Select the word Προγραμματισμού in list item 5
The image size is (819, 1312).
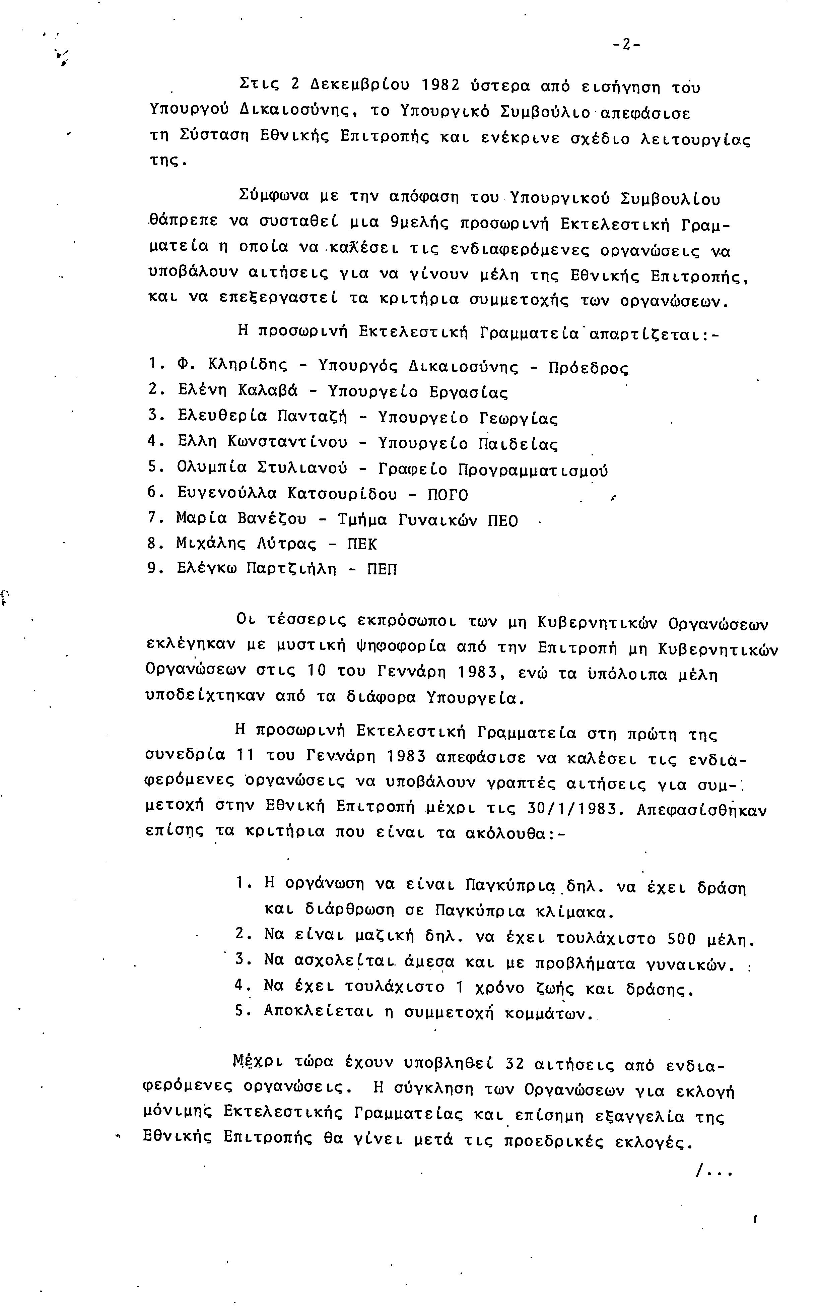(533, 470)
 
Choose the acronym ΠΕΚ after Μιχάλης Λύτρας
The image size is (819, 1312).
(361, 544)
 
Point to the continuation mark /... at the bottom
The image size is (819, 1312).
(713, 1172)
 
